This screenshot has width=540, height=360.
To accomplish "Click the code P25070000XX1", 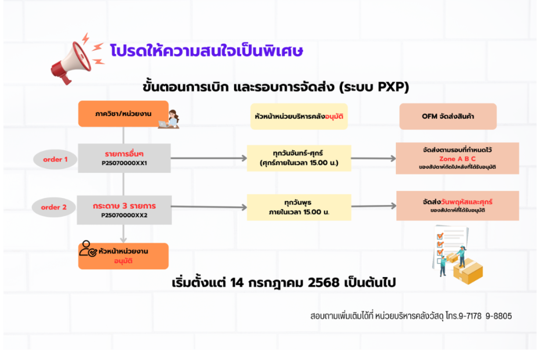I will point(124,163).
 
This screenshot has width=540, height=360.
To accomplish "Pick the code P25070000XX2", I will point(124,215).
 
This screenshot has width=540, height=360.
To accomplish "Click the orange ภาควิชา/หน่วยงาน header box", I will point(123,114).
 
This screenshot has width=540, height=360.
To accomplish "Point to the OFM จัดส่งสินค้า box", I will point(448,116).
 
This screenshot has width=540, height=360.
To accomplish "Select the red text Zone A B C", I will point(457,158).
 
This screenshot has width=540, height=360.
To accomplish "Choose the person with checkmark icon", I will point(88,250).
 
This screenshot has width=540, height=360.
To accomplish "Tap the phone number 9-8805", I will point(498,316).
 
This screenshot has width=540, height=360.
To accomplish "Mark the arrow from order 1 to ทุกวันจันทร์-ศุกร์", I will point(209,158).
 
